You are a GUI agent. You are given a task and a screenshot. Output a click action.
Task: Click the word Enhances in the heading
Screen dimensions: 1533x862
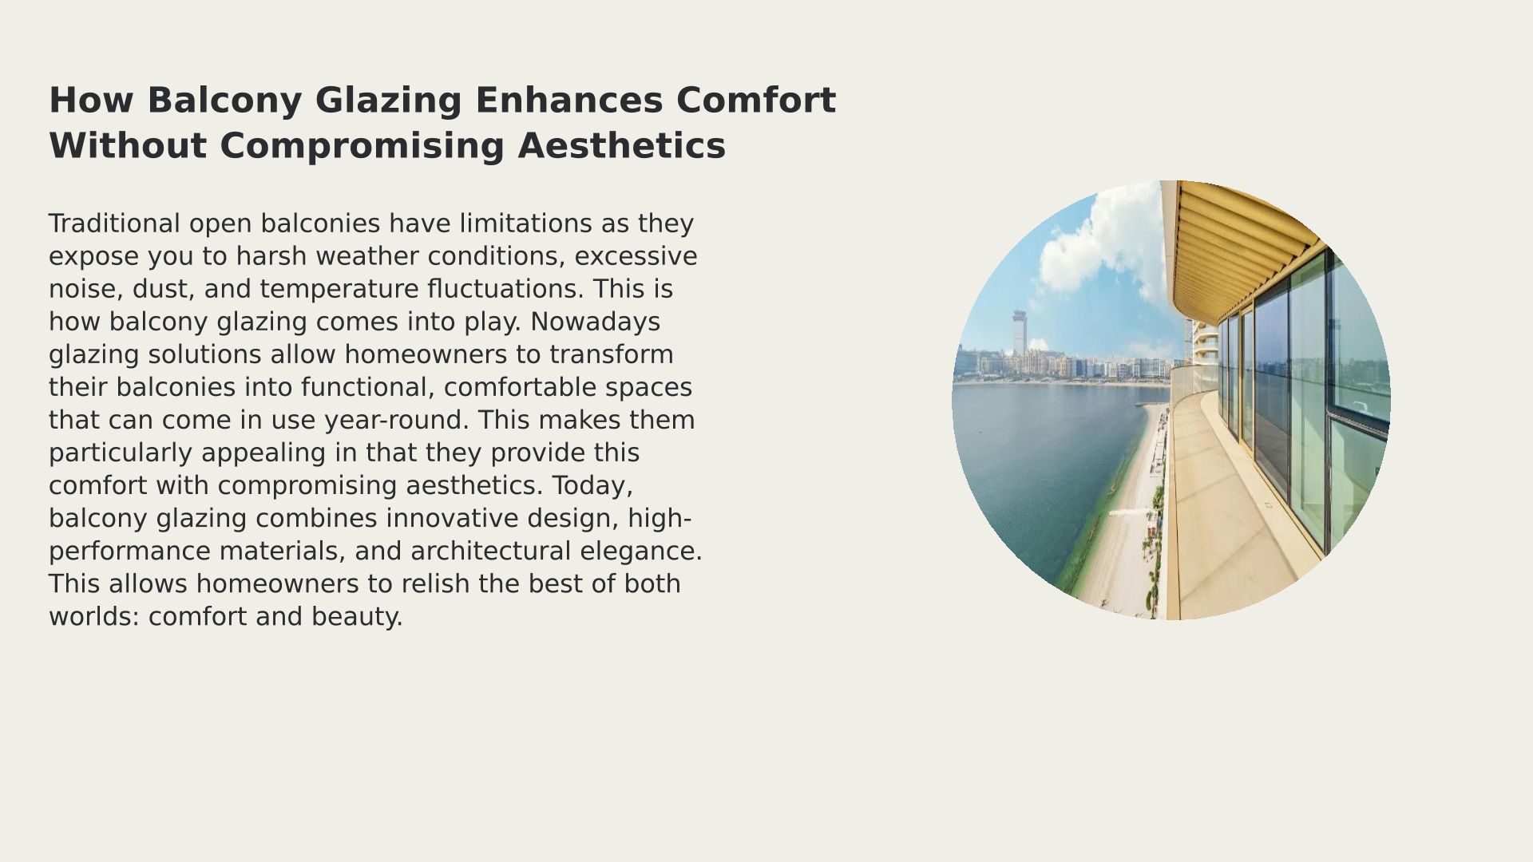coord(568,101)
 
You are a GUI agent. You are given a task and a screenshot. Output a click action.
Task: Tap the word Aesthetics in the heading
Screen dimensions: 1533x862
coord(621,146)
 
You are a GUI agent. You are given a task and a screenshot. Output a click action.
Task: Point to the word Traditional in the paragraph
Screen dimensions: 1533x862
coord(115,223)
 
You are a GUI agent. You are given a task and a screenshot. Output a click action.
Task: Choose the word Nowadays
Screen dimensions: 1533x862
coord(595,322)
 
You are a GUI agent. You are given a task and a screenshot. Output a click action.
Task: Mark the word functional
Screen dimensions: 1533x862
coord(369,387)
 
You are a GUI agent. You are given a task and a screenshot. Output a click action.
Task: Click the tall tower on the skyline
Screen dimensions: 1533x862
coord(1018,333)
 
